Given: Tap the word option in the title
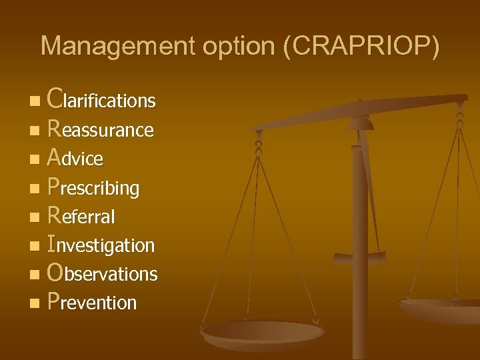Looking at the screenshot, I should (x=217, y=46).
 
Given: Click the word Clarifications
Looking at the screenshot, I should (x=102, y=100).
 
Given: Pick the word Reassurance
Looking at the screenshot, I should (x=101, y=129).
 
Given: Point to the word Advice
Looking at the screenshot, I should (x=76, y=158).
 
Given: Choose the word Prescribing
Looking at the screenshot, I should (x=94, y=187).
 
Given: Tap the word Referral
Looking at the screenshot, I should (x=82, y=216).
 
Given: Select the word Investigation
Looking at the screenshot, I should (x=101, y=245).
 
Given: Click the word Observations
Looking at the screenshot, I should (x=103, y=273).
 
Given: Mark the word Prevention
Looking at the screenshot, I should (x=93, y=302).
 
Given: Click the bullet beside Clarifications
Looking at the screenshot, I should (x=34, y=102).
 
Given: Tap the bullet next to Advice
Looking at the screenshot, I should (x=34, y=160).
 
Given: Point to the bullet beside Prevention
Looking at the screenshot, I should (x=34, y=304).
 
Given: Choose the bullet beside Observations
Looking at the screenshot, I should (x=34, y=275).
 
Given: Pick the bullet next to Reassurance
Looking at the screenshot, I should (x=34, y=131).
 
